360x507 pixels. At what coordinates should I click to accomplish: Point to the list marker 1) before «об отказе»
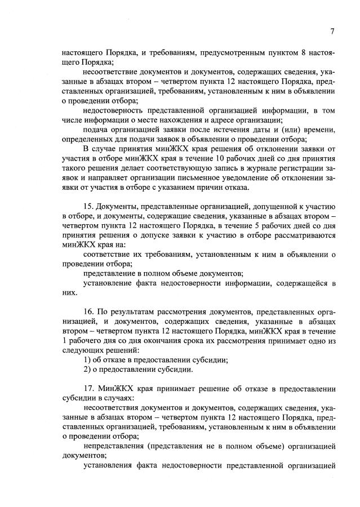pos(87,360)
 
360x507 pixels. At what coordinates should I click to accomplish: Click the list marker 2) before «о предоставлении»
pos(87,370)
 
